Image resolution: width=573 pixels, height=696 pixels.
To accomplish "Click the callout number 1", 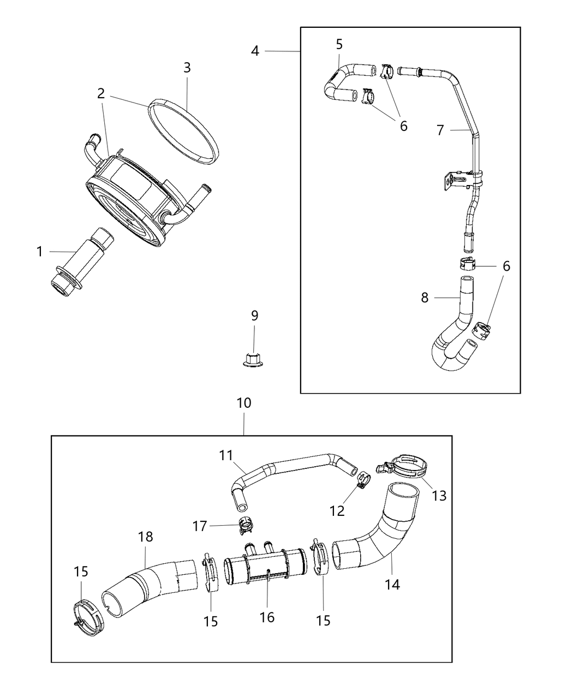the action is click(x=39, y=252).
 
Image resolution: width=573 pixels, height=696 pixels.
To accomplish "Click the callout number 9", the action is click(x=254, y=316).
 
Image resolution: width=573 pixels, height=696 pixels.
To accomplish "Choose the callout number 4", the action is click(x=255, y=51).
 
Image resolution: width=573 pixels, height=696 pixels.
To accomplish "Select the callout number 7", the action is click(x=440, y=130).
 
